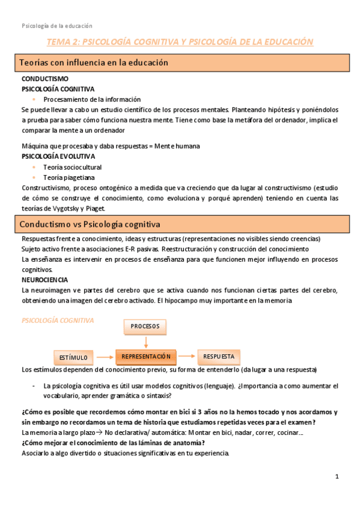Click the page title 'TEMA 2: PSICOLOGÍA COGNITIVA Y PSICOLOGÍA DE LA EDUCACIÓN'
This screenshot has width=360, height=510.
point(180,42)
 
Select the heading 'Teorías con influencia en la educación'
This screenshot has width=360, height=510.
point(94,63)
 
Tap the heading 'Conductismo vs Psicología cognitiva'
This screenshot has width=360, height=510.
point(90,224)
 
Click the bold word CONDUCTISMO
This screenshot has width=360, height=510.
point(44,79)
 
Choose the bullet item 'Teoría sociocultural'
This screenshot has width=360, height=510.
point(73,167)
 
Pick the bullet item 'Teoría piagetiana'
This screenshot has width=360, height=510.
point(69,177)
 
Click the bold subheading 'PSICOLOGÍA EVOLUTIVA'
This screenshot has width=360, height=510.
point(58,156)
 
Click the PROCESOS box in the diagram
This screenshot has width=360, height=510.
point(145,327)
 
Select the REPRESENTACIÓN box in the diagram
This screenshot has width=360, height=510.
point(146,357)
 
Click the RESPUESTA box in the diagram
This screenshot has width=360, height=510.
point(219,356)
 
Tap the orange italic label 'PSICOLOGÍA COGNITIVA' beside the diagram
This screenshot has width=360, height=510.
point(58,321)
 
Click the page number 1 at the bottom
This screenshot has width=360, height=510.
point(337,477)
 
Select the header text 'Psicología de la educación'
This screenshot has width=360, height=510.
point(57,26)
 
